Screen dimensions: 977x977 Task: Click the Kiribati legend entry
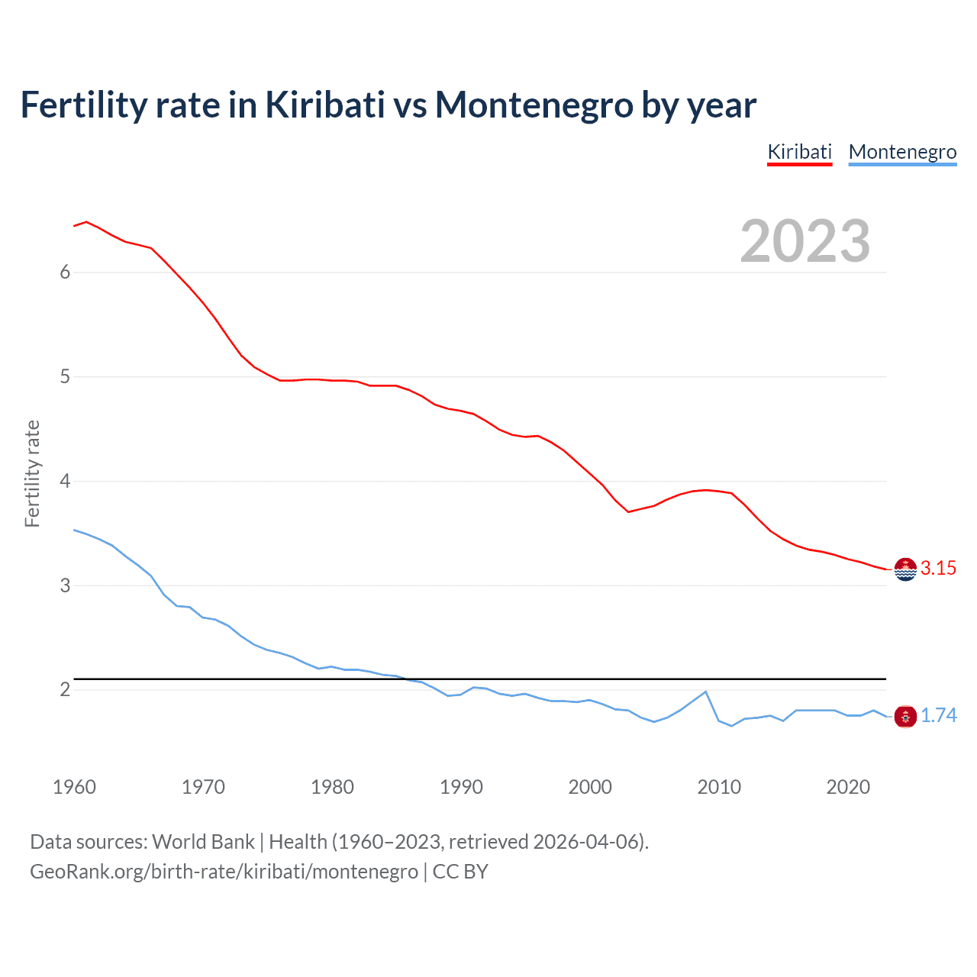click(799, 152)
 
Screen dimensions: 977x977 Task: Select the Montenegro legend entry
click(902, 152)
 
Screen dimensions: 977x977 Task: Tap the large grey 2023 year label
click(804, 241)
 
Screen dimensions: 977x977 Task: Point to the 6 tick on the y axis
click(65, 272)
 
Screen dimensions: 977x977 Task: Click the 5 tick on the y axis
click(65, 377)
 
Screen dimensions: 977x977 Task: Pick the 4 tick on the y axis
click(65, 482)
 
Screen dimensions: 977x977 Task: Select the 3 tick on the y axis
click(65, 585)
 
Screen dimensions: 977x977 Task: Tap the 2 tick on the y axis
click(65, 690)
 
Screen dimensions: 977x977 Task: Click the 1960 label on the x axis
click(74, 787)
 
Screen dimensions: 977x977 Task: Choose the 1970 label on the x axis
click(203, 787)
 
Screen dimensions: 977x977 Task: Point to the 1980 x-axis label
click(332, 787)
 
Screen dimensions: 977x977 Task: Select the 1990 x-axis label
click(461, 787)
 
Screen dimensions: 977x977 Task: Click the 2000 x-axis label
click(590, 787)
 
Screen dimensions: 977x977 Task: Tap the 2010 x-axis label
click(719, 787)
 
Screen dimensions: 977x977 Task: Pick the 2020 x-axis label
click(848, 787)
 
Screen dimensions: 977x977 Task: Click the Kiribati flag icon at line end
click(905, 569)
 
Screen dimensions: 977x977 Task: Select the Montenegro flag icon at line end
click(905, 717)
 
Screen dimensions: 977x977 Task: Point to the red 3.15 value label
click(938, 569)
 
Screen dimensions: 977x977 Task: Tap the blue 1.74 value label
click(938, 716)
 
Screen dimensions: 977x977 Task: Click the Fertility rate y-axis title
click(32, 473)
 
